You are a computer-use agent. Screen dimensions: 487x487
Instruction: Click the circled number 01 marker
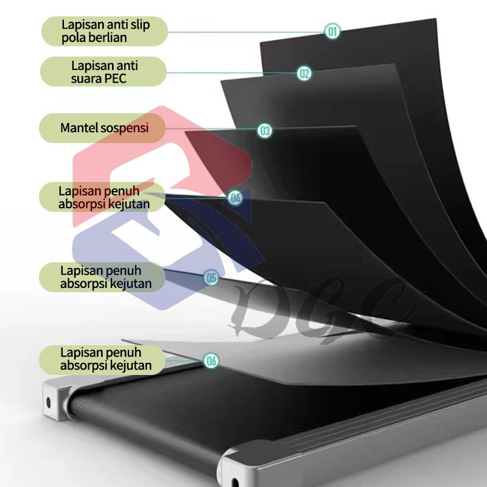click(332, 32)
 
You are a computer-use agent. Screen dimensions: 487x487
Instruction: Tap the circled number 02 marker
click(304, 73)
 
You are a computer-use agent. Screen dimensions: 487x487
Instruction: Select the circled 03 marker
click(265, 131)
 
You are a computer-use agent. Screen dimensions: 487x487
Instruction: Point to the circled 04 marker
click(235, 198)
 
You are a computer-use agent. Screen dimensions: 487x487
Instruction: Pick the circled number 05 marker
click(211, 278)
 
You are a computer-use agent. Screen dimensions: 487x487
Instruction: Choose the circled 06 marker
click(211, 360)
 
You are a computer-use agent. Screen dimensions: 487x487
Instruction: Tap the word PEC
click(116, 79)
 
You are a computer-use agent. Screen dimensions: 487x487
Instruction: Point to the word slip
click(140, 25)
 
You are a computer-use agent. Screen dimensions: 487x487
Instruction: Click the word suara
click(86, 79)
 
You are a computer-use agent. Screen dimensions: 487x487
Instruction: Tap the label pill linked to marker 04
click(102, 197)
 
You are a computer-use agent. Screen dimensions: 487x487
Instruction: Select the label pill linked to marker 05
click(102, 277)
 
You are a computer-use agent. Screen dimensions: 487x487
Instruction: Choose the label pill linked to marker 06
click(102, 360)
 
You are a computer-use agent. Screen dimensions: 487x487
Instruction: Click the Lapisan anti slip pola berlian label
click(105, 32)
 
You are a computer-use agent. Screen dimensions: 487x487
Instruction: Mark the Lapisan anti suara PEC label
click(103, 71)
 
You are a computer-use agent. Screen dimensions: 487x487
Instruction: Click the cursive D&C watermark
click(323, 309)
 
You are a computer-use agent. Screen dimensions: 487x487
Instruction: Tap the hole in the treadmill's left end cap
click(49, 402)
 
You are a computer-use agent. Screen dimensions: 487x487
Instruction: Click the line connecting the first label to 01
click(246, 32)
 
